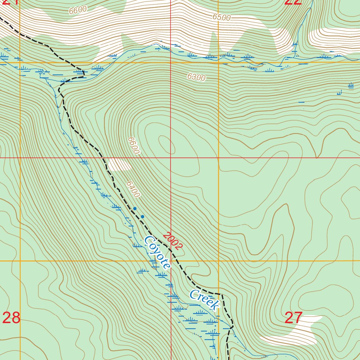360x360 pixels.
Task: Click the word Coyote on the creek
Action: [157, 252]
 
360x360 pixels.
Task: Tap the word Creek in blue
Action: [204, 300]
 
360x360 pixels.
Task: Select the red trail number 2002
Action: [173, 241]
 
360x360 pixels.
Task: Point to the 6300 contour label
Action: [196, 77]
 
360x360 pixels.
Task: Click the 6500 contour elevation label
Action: [221, 17]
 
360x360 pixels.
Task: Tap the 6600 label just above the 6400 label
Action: [134, 146]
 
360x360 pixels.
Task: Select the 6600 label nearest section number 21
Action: [78, 10]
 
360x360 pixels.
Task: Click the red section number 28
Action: [11, 318]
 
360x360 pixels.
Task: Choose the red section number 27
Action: [293, 318]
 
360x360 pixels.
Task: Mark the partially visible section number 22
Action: [293, 2]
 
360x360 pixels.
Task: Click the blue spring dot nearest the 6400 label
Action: [135, 208]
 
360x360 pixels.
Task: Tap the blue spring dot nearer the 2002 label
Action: [142, 217]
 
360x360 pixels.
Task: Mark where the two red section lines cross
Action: [171, 158]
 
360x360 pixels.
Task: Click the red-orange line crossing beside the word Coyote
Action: [171, 261]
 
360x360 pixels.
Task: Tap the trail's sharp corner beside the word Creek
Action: [221, 294]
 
